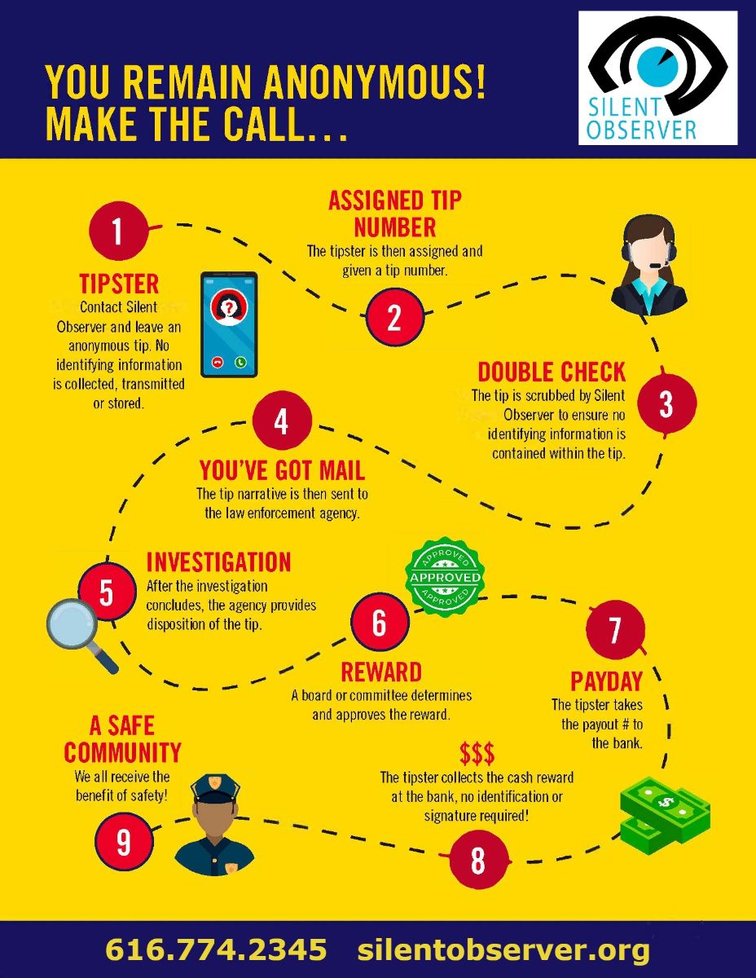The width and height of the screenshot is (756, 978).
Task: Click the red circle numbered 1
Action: [118, 231]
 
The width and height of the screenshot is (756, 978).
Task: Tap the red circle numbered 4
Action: [282, 422]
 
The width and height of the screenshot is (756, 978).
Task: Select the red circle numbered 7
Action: [615, 630]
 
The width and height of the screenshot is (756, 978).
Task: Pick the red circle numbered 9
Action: [124, 841]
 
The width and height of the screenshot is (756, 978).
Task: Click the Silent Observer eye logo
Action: [657, 77]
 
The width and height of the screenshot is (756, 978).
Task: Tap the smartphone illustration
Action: [229, 324]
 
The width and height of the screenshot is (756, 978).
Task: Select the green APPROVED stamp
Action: [445, 577]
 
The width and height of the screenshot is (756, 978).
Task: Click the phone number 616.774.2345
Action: [216, 949]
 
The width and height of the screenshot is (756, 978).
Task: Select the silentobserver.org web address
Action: [503, 949]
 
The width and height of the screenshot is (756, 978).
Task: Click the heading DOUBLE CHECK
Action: [552, 372]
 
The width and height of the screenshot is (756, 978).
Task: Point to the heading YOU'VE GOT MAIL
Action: [282, 470]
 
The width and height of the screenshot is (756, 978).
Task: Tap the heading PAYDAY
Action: [606, 681]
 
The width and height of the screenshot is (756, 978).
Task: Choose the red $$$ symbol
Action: [477, 752]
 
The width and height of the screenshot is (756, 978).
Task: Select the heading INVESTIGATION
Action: [218, 562]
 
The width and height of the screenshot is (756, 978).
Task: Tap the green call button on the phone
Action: [240, 362]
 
